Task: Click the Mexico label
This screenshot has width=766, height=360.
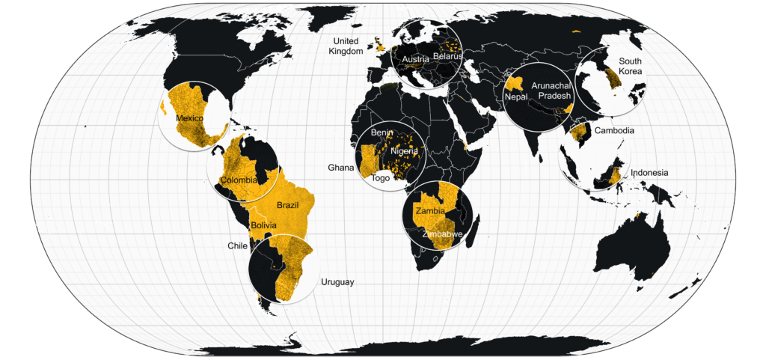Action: click(189, 119)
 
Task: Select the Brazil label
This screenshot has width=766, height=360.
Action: click(288, 205)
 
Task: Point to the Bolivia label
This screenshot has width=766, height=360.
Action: click(264, 225)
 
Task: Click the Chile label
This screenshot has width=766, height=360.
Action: click(237, 245)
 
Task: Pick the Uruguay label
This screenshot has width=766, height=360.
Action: click(337, 282)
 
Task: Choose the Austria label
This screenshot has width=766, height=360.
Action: click(414, 59)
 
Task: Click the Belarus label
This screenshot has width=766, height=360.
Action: click(448, 57)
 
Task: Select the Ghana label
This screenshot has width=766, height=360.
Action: click(340, 168)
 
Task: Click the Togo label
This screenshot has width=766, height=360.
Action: click(381, 178)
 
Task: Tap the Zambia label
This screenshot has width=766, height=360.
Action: click(430, 210)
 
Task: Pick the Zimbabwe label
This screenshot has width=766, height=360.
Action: click(442, 234)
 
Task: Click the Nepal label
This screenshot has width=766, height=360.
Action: click(516, 97)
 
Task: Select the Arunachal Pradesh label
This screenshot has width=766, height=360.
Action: click(551, 91)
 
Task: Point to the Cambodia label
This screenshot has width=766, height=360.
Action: click(614, 131)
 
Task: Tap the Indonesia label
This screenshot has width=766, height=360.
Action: click(649, 173)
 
